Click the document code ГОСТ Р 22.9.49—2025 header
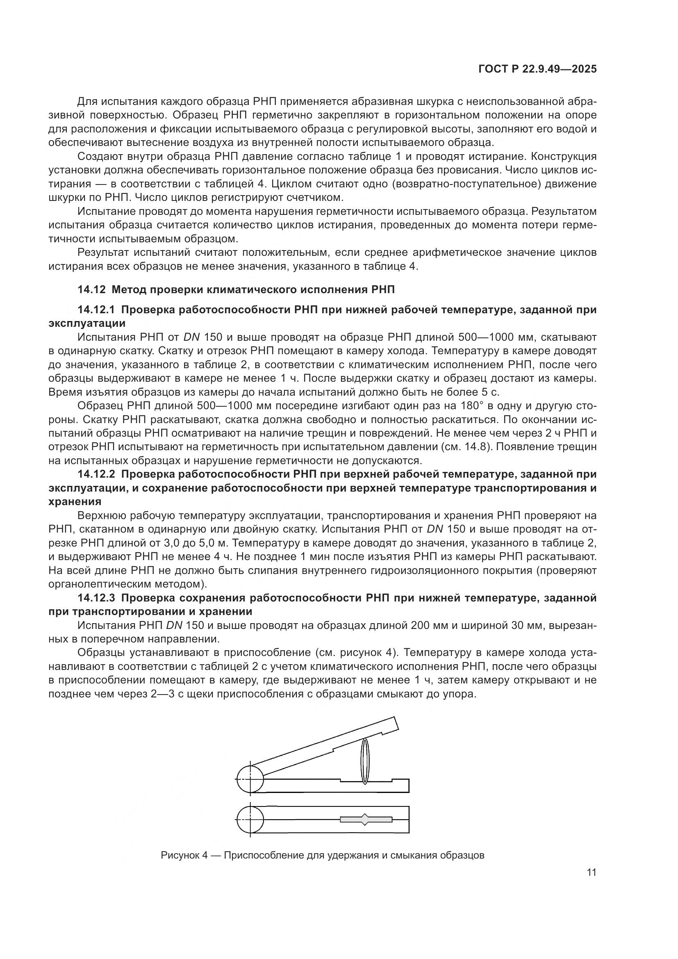click(537, 69)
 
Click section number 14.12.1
click(96, 310)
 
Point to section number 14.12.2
click(96, 474)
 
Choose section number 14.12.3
click(96, 598)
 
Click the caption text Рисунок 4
click(184, 855)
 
